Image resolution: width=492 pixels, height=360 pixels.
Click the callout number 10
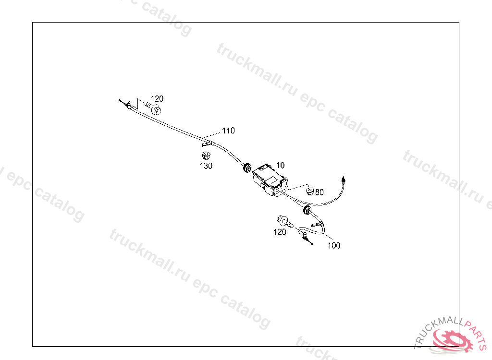point(281,165)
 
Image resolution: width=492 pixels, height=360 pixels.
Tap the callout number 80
point(320,192)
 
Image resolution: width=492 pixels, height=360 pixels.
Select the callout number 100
point(334,245)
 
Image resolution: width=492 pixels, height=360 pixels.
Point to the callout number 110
point(228,131)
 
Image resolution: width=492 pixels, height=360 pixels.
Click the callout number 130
point(206,166)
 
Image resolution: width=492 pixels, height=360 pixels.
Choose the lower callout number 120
point(280,232)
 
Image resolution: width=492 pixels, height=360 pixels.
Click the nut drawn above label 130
point(205,156)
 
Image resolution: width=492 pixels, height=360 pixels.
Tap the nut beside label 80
point(310,192)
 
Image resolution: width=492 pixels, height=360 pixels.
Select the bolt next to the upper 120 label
point(152,107)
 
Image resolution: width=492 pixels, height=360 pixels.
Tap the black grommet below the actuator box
point(306,211)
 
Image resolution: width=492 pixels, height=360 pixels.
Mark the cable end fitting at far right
point(344,179)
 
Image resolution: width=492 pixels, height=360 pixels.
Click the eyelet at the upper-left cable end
point(128,105)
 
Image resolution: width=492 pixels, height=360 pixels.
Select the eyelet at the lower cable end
point(305,235)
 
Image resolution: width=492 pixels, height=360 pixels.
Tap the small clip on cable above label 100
point(318,224)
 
